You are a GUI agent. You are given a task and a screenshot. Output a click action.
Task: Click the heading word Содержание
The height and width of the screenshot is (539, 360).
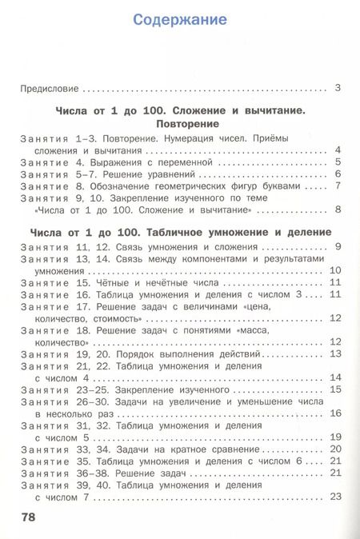[x=180, y=19]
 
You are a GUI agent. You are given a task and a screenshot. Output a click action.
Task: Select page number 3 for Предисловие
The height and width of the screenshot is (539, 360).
[x=338, y=88]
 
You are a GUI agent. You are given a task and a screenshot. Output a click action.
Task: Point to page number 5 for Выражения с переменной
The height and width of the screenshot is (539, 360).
[x=338, y=162]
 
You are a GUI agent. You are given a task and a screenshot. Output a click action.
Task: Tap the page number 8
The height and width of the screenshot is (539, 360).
[x=338, y=210]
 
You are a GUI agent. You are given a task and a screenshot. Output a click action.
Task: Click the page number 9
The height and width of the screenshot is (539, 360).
[x=338, y=246]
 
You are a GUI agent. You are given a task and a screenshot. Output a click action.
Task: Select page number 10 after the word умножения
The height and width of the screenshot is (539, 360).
[x=336, y=270]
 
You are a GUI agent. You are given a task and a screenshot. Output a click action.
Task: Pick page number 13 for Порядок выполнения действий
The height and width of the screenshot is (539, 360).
[x=336, y=353]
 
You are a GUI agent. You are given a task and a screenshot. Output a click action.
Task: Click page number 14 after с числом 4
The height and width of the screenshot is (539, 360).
[x=336, y=377]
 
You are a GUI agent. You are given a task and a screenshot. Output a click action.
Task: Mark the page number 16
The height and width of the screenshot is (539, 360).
[x=336, y=413]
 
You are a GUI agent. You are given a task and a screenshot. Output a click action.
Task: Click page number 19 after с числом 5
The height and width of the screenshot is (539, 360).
[x=336, y=437]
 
